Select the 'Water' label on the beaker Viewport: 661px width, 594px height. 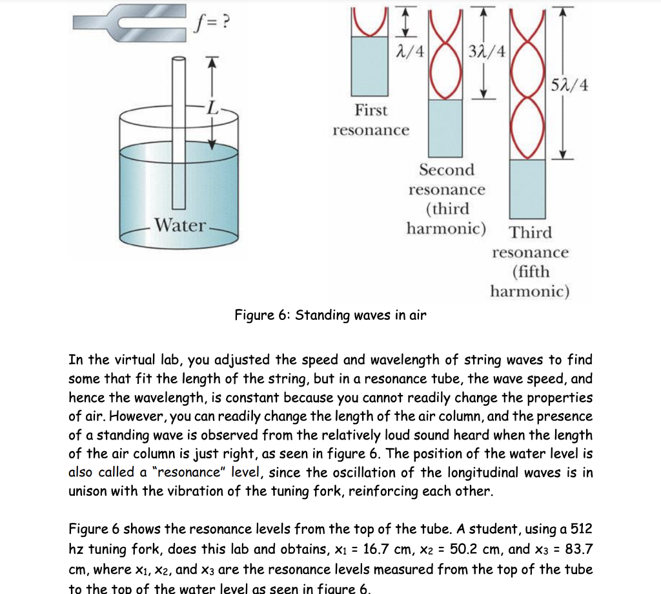click(180, 226)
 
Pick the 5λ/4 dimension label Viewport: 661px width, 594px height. click(569, 85)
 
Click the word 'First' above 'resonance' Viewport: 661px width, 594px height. click(371, 111)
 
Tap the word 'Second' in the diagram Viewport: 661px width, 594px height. click(446, 170)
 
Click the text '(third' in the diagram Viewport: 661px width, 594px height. click(447, 209)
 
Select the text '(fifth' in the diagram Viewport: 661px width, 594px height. click(530, 272)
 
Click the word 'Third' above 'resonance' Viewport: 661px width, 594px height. click(530, 233)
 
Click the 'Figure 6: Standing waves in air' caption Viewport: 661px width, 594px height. click(330, 315)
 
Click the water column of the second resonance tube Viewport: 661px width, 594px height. click(446, 129)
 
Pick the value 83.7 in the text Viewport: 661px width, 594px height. click(578, 549)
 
